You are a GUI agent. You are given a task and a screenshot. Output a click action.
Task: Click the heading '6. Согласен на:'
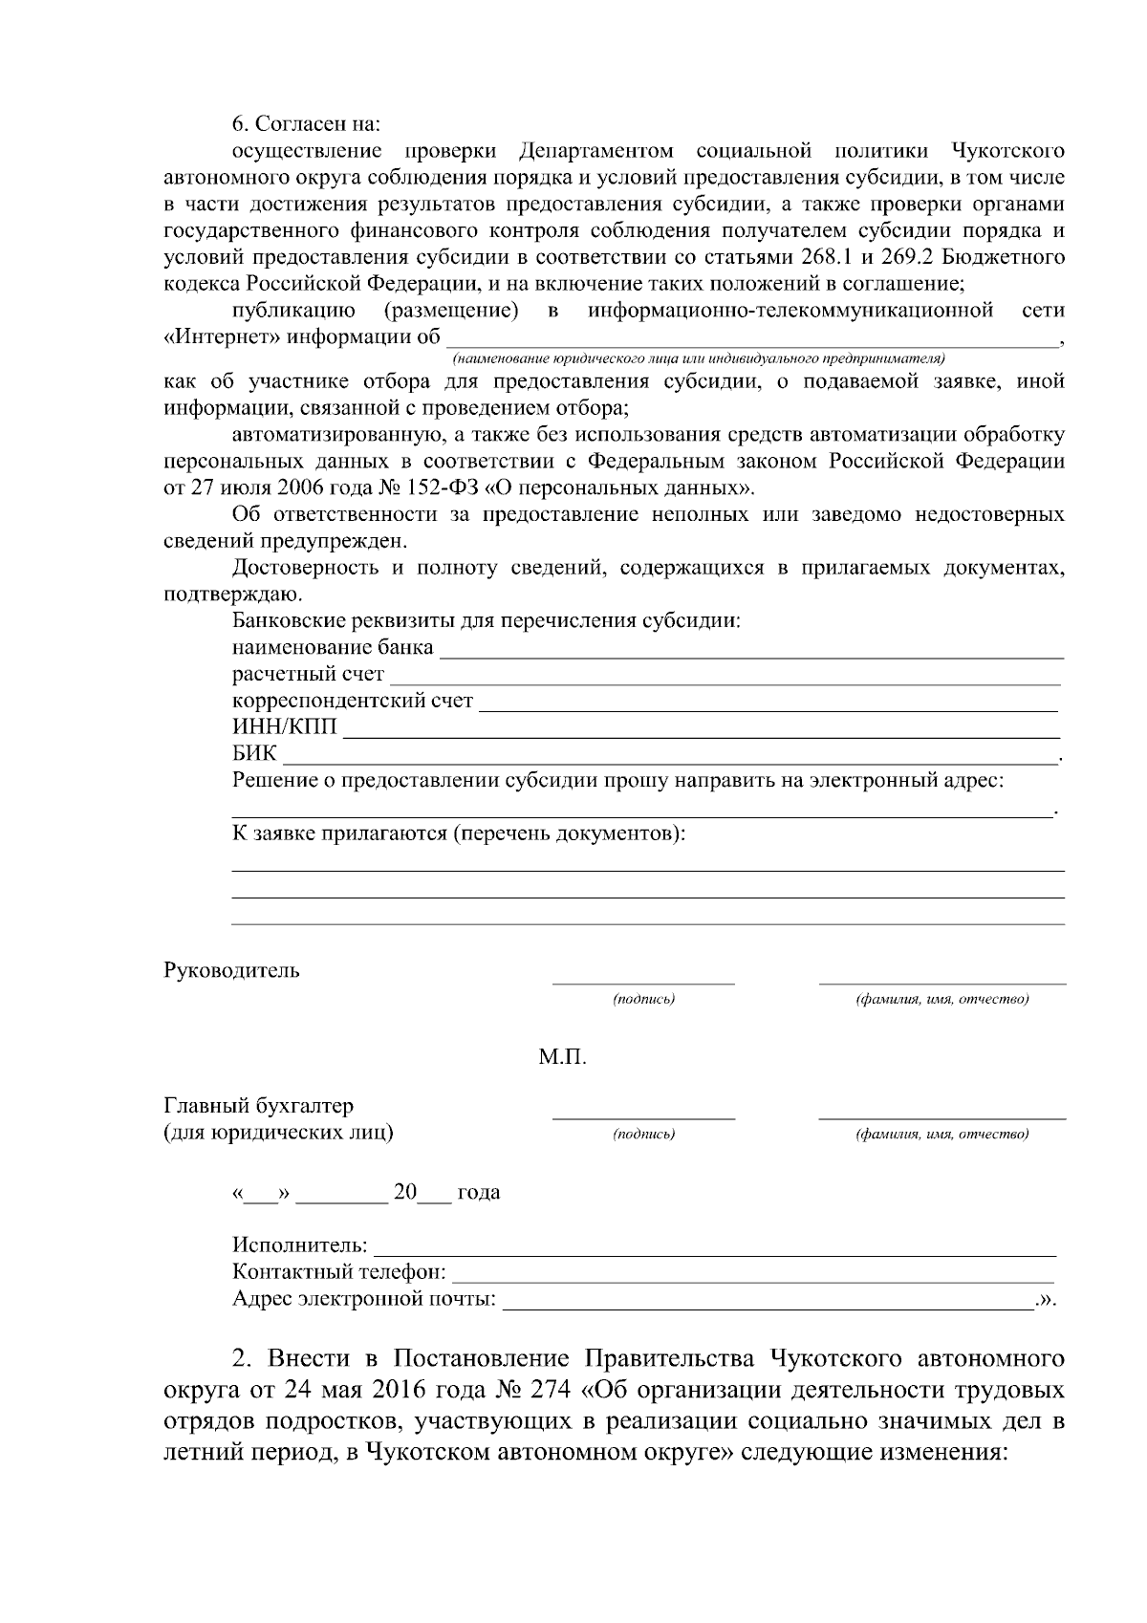tap(306, 124)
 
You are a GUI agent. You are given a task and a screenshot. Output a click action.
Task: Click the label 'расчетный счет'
tap(308, 675)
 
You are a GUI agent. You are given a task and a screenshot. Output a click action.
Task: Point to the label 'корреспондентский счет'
tap(352, 701)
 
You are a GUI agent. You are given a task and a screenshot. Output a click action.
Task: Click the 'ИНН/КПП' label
tap(285, 728)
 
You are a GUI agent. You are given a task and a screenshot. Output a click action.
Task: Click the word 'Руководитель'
tap(232, 971)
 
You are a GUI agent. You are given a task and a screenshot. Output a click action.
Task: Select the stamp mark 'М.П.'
tap(562, 1058)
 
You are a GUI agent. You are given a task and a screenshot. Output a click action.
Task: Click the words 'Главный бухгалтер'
tap(259, 1106)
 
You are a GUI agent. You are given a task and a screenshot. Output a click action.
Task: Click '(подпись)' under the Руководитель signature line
tap(643, 1000)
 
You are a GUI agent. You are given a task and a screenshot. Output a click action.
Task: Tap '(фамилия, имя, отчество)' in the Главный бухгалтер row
tap(941, 1135)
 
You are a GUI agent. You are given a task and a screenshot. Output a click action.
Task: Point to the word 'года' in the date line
tap(479, 1193)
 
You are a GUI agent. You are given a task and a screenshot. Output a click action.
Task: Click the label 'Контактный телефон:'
tap(338, 1272)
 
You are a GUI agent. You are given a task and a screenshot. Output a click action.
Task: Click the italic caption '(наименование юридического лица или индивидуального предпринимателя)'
tap(699, 358)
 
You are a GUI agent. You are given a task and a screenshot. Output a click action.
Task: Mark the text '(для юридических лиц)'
tap(279, 1133)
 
